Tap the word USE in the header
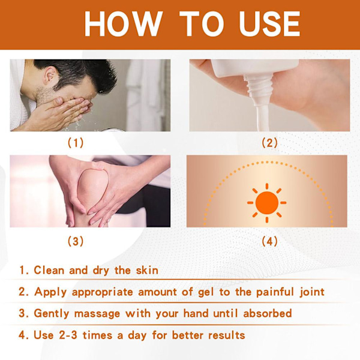pyautogui.click(x=269, y=24)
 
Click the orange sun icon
pyautogui.click(x=267, y=203)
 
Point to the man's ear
pyautogui.click(x=50, y=75)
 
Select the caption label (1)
pyautogui.click(x=76, y=143)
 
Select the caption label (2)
pyautogui.click(x=269, y=143)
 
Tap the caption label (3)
pyautogui.click(x=76, y=241)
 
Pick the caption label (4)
pyautogui.click(x=269, y=241)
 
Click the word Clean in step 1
pyautogui.click(x=49, y=270)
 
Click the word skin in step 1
pyautogui.click(x=147, y=270)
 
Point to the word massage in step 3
pyautogui.click(x=97, y=314)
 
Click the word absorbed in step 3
pyautogui.click(x=268, y=313)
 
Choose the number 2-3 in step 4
pyautogui.click(x=68, y=335)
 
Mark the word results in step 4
pyautogui.click(x=227, y=335)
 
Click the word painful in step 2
pyautogui.click(x=275, y=292)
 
